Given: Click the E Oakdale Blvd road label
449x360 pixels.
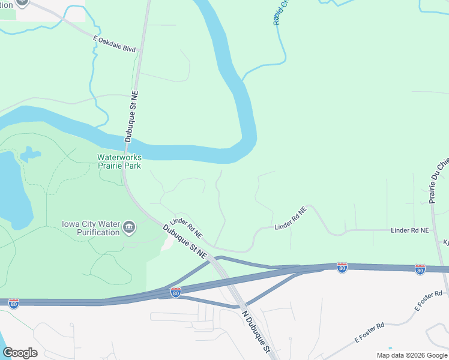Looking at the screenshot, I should point(115,44).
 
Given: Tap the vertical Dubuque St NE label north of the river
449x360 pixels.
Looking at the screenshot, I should point(131,116).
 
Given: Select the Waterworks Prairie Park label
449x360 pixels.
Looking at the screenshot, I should point(119,161).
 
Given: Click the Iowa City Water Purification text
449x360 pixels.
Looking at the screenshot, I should point(91,229).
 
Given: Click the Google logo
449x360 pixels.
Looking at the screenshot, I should point(20,353).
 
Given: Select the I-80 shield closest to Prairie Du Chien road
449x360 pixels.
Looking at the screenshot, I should point(420,269).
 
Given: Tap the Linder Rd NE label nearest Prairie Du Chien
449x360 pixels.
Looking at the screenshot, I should point(410,230).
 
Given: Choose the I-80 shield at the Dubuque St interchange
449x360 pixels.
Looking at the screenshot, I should point(175,292).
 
